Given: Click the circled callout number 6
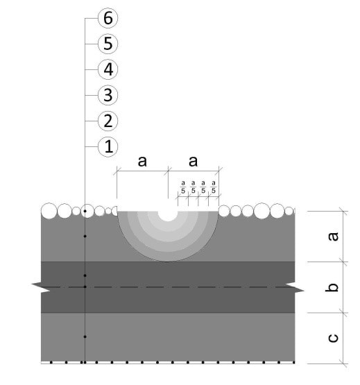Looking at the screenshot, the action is coord(108,18).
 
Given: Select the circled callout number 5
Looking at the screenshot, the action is coord(108,44).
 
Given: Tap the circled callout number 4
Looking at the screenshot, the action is coord(108,69).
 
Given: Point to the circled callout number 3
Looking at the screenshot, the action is coord(108,95).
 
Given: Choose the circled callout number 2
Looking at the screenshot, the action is coord(108,121).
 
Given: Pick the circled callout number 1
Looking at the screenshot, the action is coord(108,146).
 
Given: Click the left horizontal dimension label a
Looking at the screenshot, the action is coord(142,162).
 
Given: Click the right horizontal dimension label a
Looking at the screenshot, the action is coord(193,162).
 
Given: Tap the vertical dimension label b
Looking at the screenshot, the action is coord(332,287).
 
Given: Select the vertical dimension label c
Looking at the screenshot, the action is coord(333,338).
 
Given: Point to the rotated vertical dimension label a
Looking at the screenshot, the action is coord(333,237).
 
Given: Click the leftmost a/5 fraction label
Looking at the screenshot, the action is coord(183,187).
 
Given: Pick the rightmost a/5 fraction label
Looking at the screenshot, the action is coord(214,187).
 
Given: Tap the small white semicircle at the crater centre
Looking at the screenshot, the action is coord(168,215).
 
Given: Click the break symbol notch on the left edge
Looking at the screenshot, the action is coord(41,287).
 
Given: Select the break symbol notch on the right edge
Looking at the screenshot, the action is coord(295,287).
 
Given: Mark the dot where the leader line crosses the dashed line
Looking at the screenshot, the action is coord(85,286).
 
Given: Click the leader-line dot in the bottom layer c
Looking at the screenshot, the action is coord(85,336).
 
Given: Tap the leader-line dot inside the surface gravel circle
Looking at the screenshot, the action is coord(85,211).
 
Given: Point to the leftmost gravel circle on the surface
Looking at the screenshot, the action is coord(49,211).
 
